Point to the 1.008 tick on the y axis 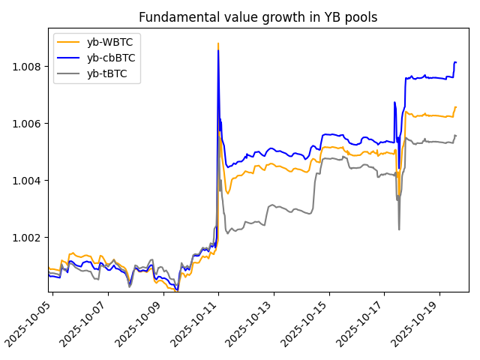[29, 67]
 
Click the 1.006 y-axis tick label [29, 124]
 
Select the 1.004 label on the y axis [29, 181]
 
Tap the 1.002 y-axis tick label [29, 238]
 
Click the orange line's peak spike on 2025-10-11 [217, 43]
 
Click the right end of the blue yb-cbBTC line [456, 62]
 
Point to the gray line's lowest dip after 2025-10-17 [399, 229]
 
